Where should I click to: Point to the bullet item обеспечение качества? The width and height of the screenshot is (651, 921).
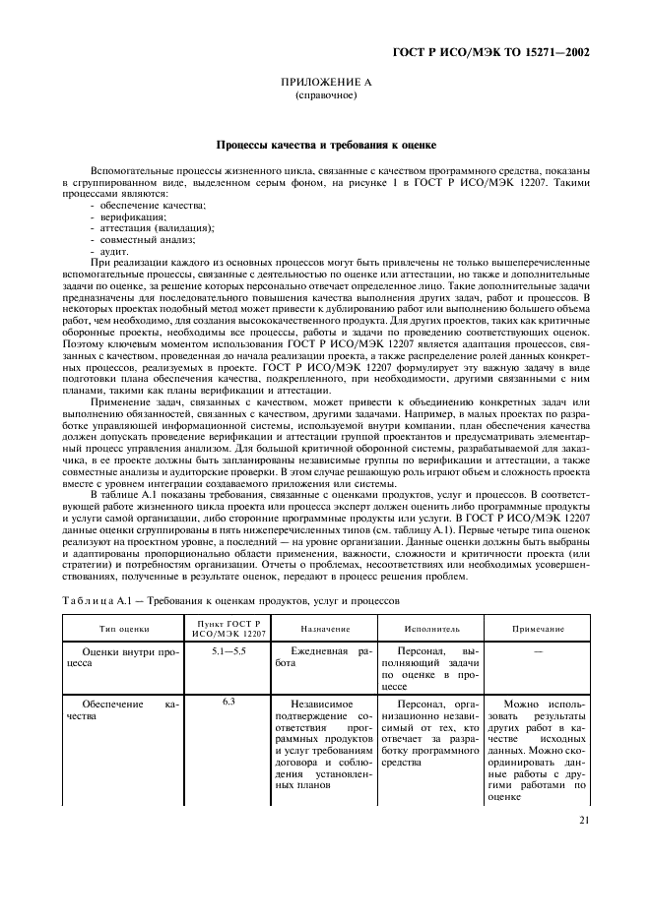(x=152, y=204)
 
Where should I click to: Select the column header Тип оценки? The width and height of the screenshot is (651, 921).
(x=124, y=628)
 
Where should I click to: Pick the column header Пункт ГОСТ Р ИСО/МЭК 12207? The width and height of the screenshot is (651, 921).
(x=228, y=628)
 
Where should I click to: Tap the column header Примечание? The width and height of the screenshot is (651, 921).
(x=538, y=628)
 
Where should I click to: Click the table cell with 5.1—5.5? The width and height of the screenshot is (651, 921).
(x=228, y=651)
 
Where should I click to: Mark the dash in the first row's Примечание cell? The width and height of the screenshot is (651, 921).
(x=538, y=651)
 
